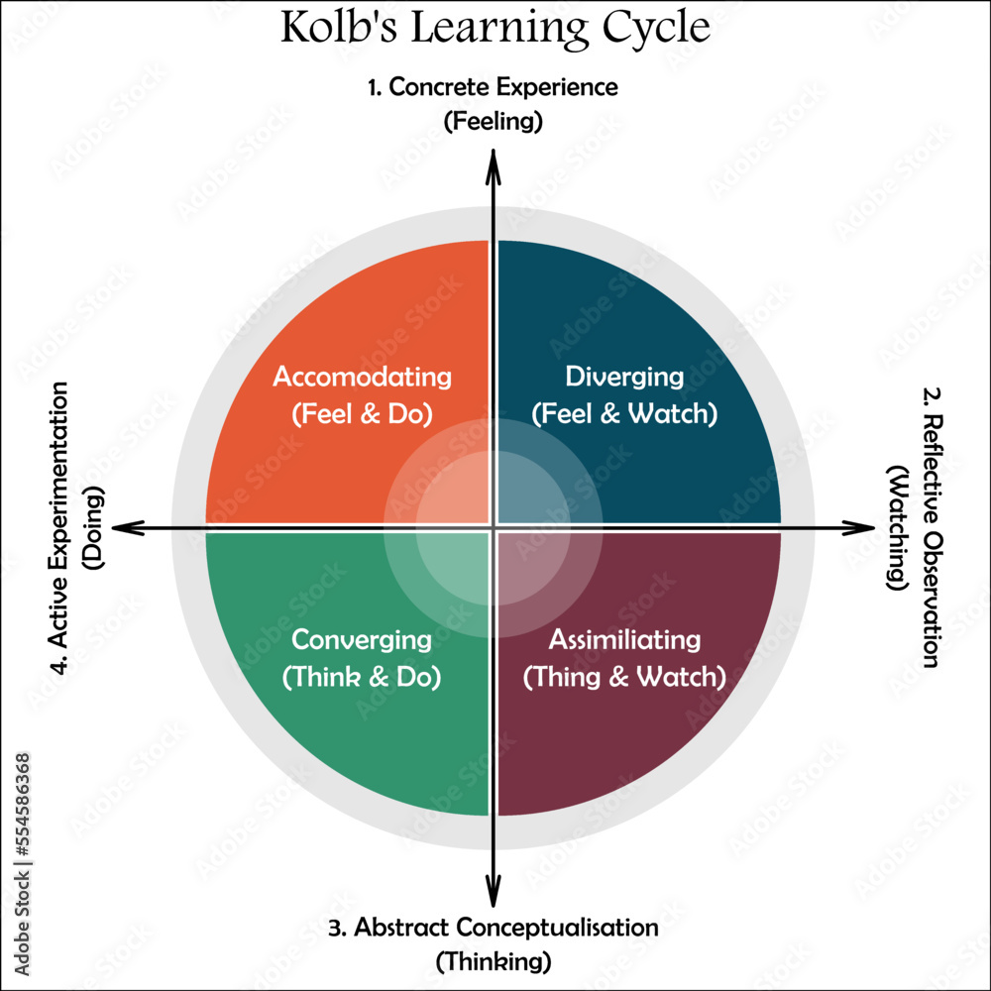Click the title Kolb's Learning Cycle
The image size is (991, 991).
(x=495, y=28)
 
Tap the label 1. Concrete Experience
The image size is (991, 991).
(x=493, y=87)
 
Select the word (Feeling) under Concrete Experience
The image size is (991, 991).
(x=493, y=121)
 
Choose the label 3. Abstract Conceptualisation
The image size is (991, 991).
(x=493, y=928)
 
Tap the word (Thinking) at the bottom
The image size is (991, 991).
(x=493, y=960)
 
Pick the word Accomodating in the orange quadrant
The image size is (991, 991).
(x=362, y=378)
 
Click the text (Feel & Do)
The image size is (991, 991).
(x=362, y=413)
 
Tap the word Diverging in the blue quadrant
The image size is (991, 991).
(x=624, y=378)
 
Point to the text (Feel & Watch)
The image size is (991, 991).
(x=624, y=413)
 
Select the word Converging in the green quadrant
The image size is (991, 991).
(x=362, y=640)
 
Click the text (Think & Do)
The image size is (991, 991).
(x=362, y=677)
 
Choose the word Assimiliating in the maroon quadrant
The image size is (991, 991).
(x=624, y=640)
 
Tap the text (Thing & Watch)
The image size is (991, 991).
(x=624, y=677)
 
